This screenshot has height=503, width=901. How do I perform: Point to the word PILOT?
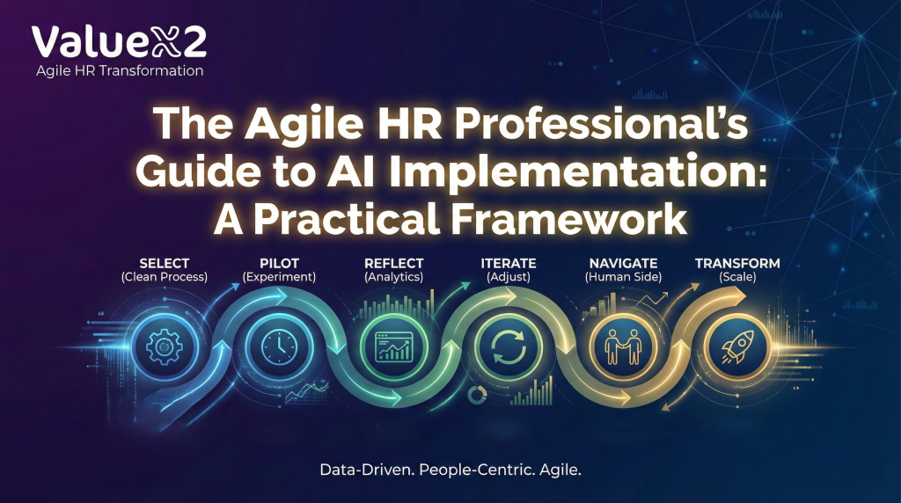[x=278, y=263]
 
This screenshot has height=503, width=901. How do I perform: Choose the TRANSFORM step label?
[x=737, y=263]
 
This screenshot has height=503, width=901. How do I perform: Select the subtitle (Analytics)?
[x=393, y=277]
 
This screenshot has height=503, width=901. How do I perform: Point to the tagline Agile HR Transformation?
[x=120, y=70]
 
